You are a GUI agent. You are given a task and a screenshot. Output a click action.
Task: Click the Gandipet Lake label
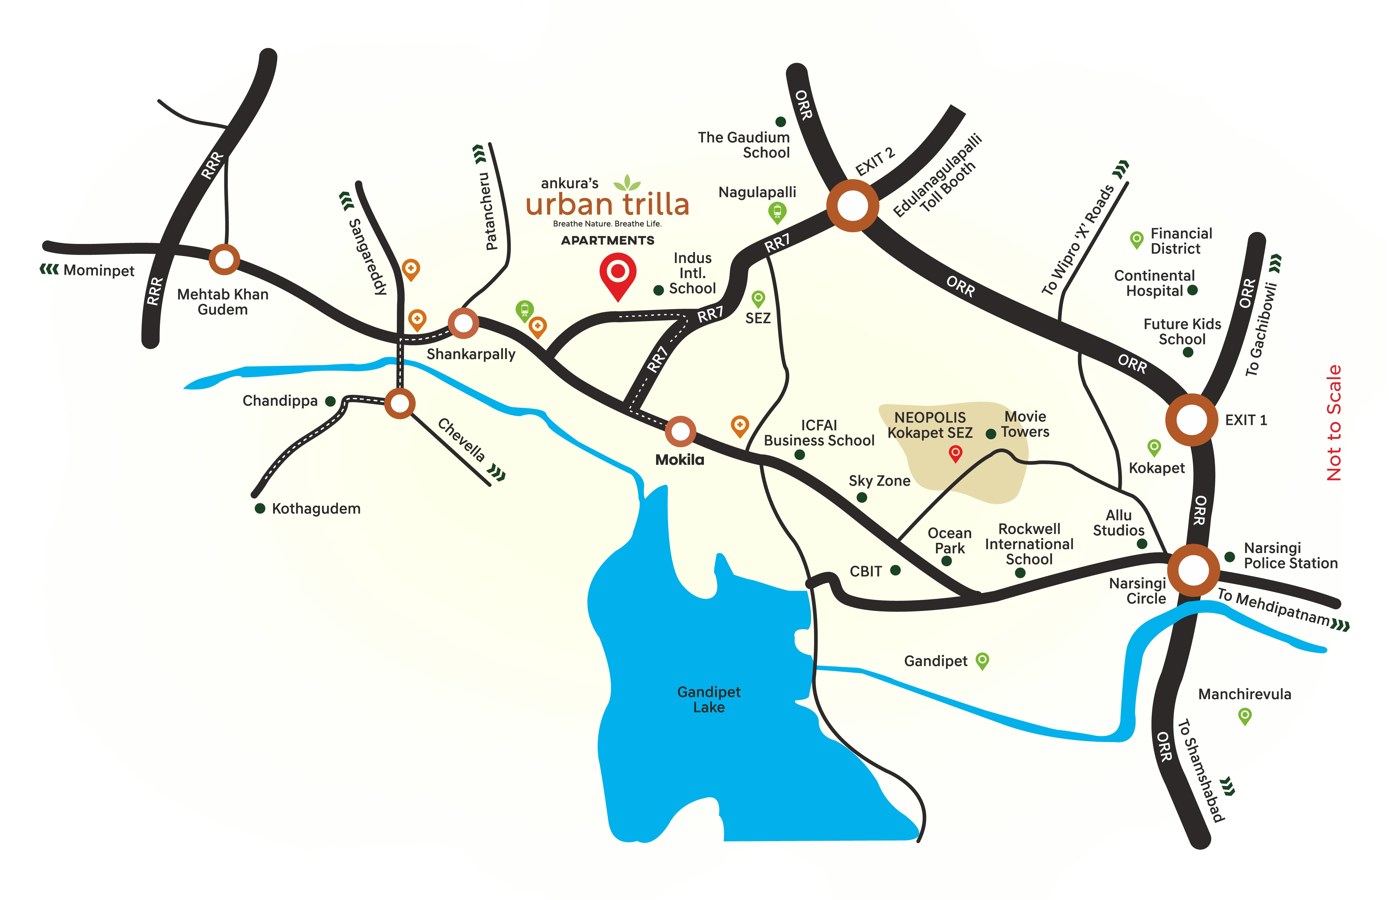[709, 699]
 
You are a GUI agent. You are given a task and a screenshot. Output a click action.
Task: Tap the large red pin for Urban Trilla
[618, 274]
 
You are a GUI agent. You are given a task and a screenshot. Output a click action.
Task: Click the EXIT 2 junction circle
[852, 205]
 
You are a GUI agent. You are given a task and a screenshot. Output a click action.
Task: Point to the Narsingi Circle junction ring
[1193, 570]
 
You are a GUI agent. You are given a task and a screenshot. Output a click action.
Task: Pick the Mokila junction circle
[680, 431]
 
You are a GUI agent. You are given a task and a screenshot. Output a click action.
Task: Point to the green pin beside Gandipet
[982, 660]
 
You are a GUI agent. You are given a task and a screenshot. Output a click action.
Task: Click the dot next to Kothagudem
[260, 509]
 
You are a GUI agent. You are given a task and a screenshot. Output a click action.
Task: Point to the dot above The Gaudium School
[780, 121]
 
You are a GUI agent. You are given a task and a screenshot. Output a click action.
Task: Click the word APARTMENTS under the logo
[608, 240]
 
